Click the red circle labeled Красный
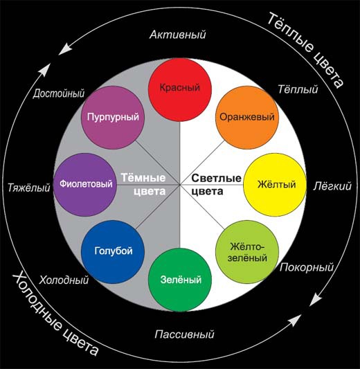coord(180,90)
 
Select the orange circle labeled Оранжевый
coord(247,117)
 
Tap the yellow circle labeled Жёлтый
coord(275,185)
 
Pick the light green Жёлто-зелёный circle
coord(247,252)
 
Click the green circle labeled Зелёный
coord(180,280)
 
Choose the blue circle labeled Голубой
coord(113,252)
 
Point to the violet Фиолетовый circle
coord(85,185)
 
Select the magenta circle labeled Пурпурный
coord(113,117)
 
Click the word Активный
coord(178,35)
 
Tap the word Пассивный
coord(184,334)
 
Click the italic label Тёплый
coord(298,89)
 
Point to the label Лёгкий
coord(332,186)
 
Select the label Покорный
coord(307,267)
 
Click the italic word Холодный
coord(64,280)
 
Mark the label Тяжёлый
coord(29,188)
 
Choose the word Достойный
coord(59,93)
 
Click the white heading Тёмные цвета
coord(143,184)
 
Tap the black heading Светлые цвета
coord(216,184)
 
